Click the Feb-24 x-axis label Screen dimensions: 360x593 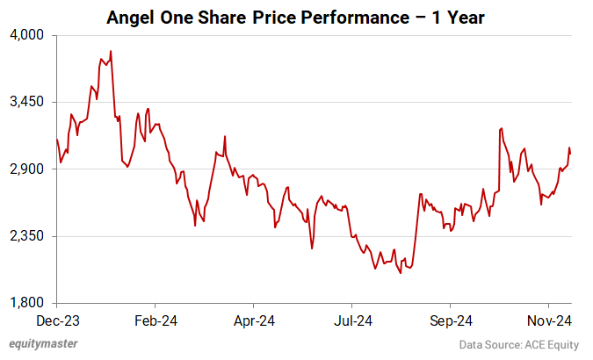point(155,320)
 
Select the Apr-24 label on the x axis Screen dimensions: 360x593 point(255,320)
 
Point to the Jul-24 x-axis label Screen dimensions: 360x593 point(353,320)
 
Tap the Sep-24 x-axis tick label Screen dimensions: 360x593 point(452,320)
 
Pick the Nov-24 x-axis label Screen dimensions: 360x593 point(551,320)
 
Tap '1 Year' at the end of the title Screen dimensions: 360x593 point(457,17)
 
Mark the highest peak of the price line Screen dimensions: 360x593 point(110,51)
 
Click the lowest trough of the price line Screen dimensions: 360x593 point(401,274)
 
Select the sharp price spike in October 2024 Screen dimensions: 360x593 point(500,128)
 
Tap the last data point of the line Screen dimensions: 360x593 point(570,153)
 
